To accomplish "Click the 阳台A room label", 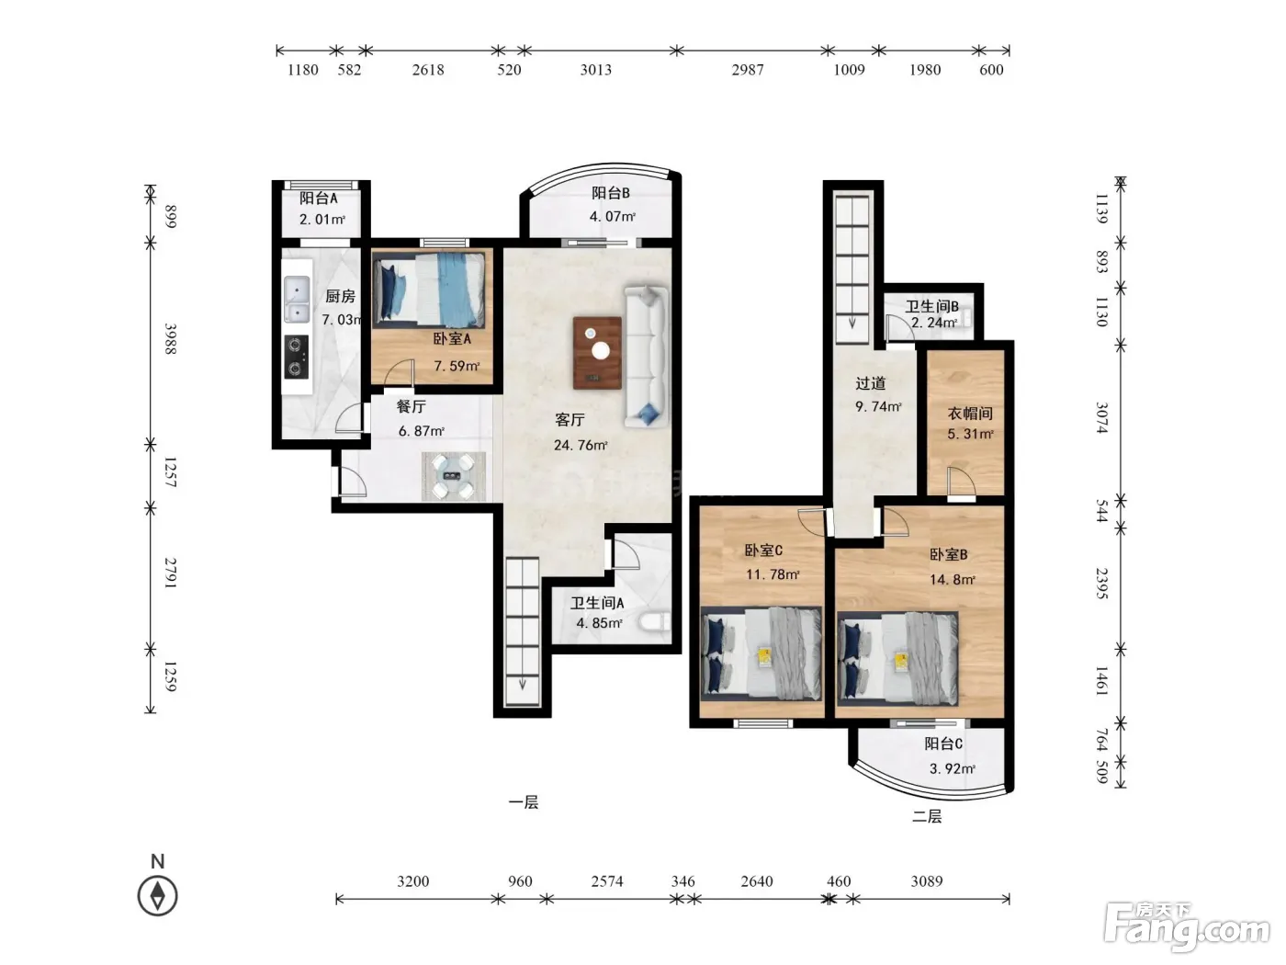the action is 318,198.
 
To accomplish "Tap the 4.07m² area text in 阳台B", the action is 613,216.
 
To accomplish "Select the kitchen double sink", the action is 297,299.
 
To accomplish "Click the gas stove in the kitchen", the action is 297,357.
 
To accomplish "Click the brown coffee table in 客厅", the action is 597,353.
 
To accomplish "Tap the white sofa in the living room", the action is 646,357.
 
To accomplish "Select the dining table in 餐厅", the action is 454,476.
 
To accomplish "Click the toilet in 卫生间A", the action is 655,622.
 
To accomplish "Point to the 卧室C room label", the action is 763,551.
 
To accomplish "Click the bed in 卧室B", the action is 898,657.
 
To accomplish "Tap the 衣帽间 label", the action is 970,413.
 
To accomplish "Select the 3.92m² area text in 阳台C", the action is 952,768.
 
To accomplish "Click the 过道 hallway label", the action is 871,384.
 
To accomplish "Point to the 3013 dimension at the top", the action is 596,70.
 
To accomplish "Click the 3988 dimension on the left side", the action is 170,338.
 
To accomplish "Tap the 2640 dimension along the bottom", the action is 756,881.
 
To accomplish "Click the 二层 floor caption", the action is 927,816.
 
